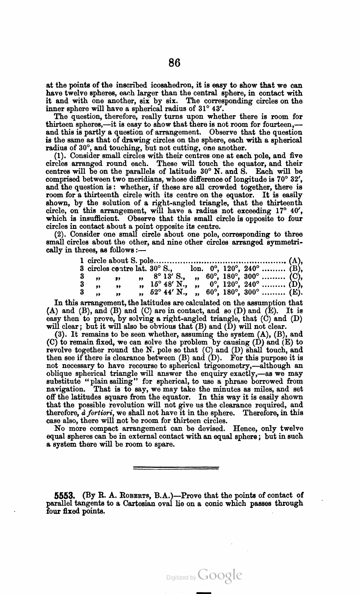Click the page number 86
tap(175, 63)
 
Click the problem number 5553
tap(65, 496)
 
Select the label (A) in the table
tap(295, 261)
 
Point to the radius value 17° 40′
tap(290, 211)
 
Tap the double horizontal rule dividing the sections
tap(175, 468)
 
